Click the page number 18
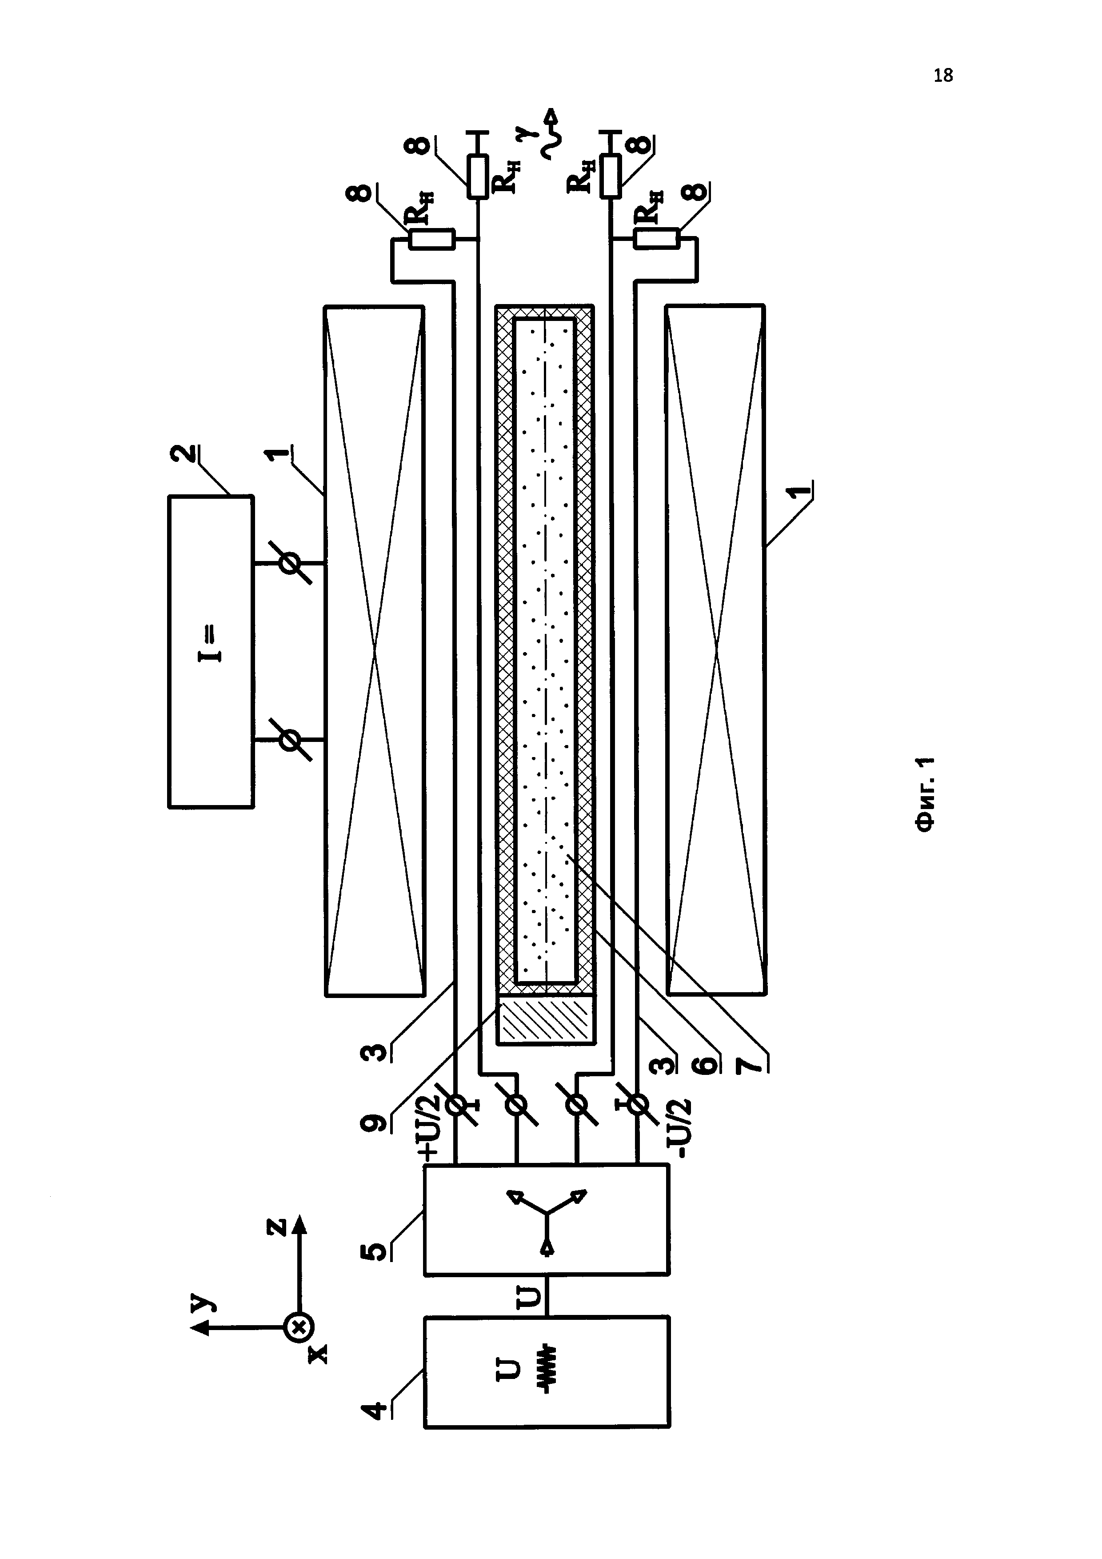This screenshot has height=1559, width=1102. pyautogui.click(x=942, y=76)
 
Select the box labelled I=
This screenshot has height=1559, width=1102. pyautogui.click(x=211, y=652)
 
